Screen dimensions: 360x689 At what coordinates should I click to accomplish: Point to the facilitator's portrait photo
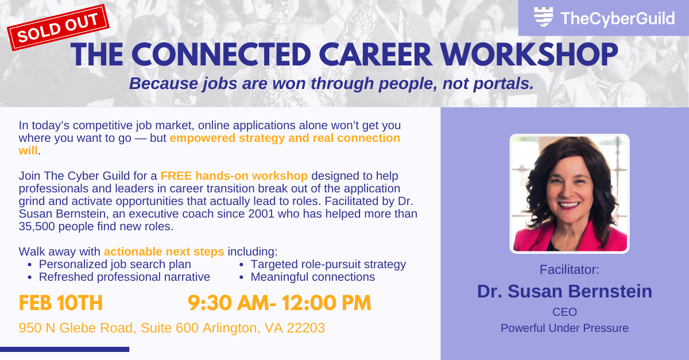coord(570,193)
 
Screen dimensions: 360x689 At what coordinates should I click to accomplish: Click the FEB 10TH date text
coord(61,303)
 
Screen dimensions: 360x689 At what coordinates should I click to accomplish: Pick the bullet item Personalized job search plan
coord(115,265)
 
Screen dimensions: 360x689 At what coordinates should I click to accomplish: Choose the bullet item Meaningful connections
coord(312,277)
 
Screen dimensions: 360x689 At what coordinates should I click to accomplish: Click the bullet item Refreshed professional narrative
coord(124,277)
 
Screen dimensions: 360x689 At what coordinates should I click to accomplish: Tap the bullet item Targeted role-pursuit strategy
coord(328,265)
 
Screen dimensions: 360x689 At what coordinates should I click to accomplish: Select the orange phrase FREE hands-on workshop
coord(234,176)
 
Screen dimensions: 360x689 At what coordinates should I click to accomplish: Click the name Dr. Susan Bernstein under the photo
coord(564,291)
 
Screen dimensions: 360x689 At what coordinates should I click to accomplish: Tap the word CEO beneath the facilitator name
coord(564,312)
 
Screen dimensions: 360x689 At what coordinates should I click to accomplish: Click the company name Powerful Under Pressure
coord(564,328)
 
